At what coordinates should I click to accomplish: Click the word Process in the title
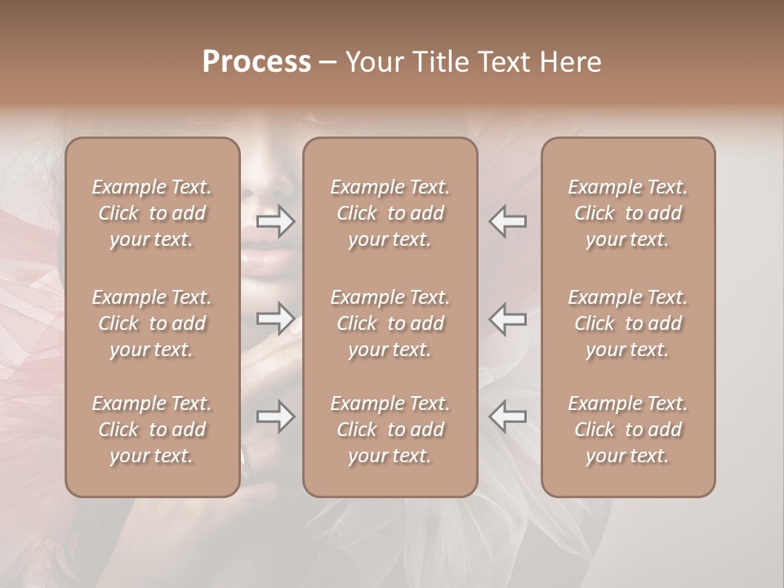coord(256,62)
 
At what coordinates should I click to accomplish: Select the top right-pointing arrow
coord(276,221)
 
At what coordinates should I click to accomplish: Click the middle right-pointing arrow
coord(276,318)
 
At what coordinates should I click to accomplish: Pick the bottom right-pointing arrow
coord(276,417)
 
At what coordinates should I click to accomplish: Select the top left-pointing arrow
coord(507,221)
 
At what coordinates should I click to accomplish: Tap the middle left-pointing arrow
coord(507,318)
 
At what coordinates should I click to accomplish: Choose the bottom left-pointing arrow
coord(507,417)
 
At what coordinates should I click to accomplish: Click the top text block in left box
coord(152,213)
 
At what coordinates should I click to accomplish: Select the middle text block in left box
coord(152,323)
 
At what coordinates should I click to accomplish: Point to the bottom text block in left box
coord(152,430)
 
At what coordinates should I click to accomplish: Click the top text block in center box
coord(390,213)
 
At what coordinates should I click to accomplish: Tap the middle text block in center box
coord(390,323)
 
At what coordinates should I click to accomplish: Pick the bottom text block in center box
coord(390,430)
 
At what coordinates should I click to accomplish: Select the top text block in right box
coord(627,213)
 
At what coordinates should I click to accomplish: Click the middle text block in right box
coord(627,323)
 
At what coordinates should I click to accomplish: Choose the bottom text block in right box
coord(627,430)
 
